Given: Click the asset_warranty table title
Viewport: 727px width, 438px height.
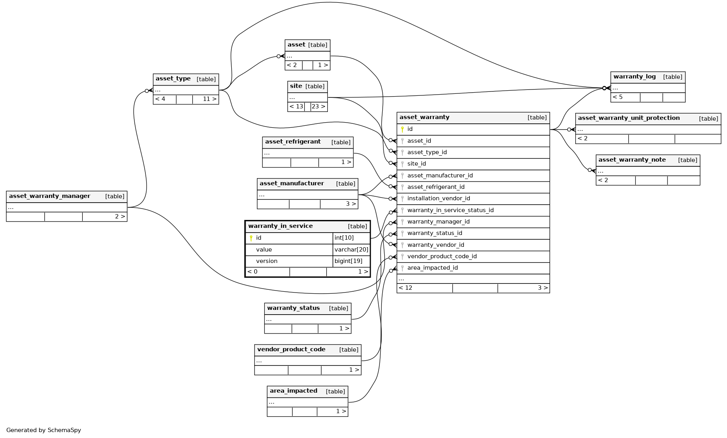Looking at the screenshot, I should [x=424, y=117].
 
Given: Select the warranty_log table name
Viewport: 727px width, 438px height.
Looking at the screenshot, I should [x=634, y=76].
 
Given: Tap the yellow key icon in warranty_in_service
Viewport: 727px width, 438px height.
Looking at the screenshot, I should [x=251, y=238].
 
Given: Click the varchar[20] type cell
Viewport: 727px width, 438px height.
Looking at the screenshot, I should [x=351, y=250].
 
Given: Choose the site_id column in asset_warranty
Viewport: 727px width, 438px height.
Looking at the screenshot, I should [x=416, y=164].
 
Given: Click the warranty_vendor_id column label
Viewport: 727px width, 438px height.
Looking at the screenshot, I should [x=435, y=245].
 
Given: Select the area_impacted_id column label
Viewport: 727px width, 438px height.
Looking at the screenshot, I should [x=432, y=268].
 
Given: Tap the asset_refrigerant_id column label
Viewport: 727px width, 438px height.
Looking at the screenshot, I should [x=436, y=187].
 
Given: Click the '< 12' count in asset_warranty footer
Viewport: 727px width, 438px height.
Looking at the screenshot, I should [x=405, y=288].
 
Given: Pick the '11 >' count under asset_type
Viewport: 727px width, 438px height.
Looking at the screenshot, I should [x=209, y=99].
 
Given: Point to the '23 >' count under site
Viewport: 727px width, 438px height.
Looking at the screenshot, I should [x=318, y=106].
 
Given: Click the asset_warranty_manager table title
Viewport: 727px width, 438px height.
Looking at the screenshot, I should [x=50, y=196].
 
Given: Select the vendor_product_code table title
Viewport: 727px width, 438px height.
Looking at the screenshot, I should [x=291, y=349].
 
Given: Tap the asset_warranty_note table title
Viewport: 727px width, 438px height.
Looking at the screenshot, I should [x=632, y=160].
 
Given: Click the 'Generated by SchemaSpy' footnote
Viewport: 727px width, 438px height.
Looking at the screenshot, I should [x=44, y=430].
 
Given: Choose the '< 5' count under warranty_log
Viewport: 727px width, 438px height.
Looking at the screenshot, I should [x=617, y=97].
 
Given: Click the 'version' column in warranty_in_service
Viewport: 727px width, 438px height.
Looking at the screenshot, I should [x=267, y=261].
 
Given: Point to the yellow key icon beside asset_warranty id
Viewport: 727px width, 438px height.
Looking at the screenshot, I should [x=402, y=129].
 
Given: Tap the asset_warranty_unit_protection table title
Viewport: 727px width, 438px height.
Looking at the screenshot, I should [x=628, y=118].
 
